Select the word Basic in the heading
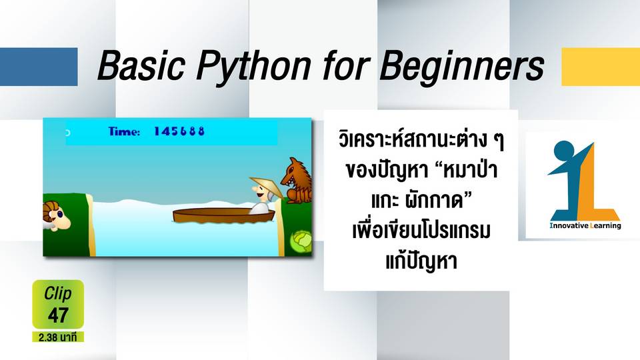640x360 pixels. (141, 65)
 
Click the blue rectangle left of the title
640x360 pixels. (39, 67)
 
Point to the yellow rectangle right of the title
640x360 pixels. (601, 67)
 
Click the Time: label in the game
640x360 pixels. (124, 131)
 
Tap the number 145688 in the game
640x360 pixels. (179, 131)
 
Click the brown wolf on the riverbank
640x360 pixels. (297, 181)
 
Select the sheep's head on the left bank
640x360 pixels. (56, 216)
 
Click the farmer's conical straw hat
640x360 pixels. (267, 186)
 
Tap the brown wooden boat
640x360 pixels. (224, 215)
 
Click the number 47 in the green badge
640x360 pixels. (58, 315)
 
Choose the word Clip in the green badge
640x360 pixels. (57, 293)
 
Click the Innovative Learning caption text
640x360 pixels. (585, 226)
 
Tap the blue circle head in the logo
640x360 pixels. (564, 150)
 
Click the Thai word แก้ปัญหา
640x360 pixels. (421, 261)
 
